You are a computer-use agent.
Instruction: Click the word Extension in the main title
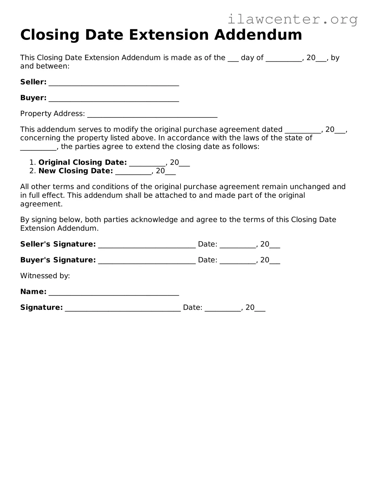(169, 35)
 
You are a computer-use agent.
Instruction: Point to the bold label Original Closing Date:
(83, 162)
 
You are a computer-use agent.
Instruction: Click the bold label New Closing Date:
(76, 171)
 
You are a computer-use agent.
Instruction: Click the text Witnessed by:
(45, 276)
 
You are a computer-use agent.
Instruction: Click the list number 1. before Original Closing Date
(32, 162)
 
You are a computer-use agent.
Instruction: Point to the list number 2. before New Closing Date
(32, 171)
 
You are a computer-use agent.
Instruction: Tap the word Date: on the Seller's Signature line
(208, 244)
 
